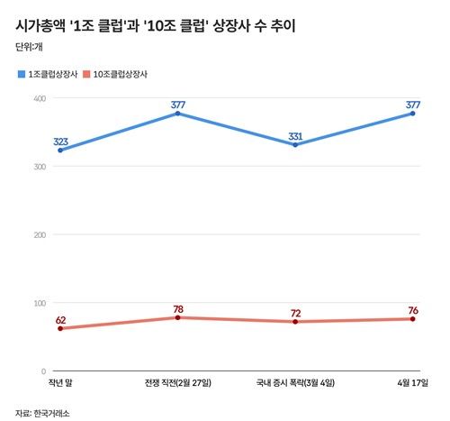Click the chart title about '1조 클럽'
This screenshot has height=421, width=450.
click(x=156, y=26)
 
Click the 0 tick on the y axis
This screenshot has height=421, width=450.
click(x=41, y=371)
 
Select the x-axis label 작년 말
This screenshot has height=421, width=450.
click(x=60, y=384)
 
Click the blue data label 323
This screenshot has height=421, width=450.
click(x=61, y=142)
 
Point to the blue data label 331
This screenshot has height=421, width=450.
click(x=295, y=136)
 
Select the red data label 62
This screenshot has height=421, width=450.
click(x=61, y=319)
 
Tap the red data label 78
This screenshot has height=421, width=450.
click(x=178, y=308)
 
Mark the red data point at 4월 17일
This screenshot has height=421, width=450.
click(x=413, y=319)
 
